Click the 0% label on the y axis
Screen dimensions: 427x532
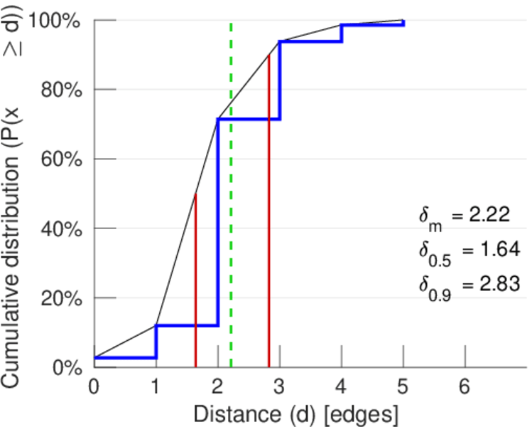68,367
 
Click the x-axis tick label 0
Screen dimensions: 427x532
94,386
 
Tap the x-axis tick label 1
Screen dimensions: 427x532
156,386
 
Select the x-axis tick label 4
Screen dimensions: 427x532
342,386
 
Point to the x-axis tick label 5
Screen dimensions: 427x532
403,386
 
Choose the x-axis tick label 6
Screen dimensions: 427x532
465,386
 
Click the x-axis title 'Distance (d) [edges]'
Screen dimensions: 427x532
296,413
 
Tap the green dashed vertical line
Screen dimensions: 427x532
231,213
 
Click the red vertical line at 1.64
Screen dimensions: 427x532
195,285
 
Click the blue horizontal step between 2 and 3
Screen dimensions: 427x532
249,119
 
